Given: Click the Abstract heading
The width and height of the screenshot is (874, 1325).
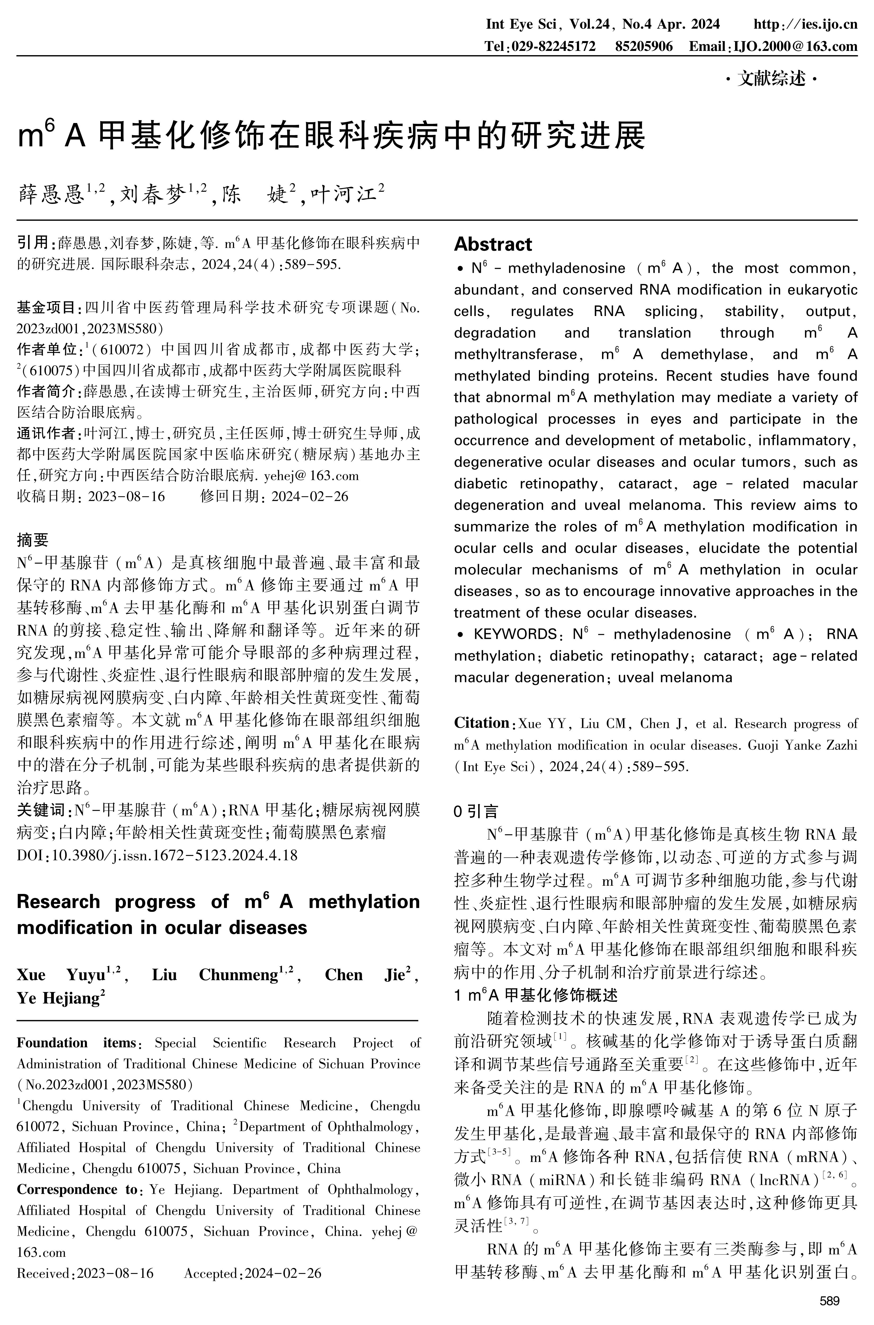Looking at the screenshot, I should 493,244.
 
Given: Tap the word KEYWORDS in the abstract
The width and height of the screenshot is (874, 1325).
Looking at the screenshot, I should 515,634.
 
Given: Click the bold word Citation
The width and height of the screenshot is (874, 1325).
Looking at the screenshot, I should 482,723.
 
